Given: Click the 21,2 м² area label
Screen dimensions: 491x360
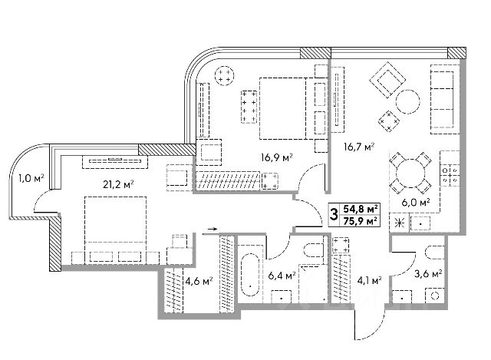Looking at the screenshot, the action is [119, 183].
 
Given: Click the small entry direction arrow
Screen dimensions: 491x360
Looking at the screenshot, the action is [213, 228].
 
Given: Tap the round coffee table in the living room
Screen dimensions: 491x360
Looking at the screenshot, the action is [407, 102].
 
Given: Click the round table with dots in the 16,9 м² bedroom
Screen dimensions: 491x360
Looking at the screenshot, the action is [226, 75].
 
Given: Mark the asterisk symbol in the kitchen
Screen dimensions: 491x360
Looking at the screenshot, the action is [398, 223].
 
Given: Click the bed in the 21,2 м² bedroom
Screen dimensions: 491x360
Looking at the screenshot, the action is [114, 223].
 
